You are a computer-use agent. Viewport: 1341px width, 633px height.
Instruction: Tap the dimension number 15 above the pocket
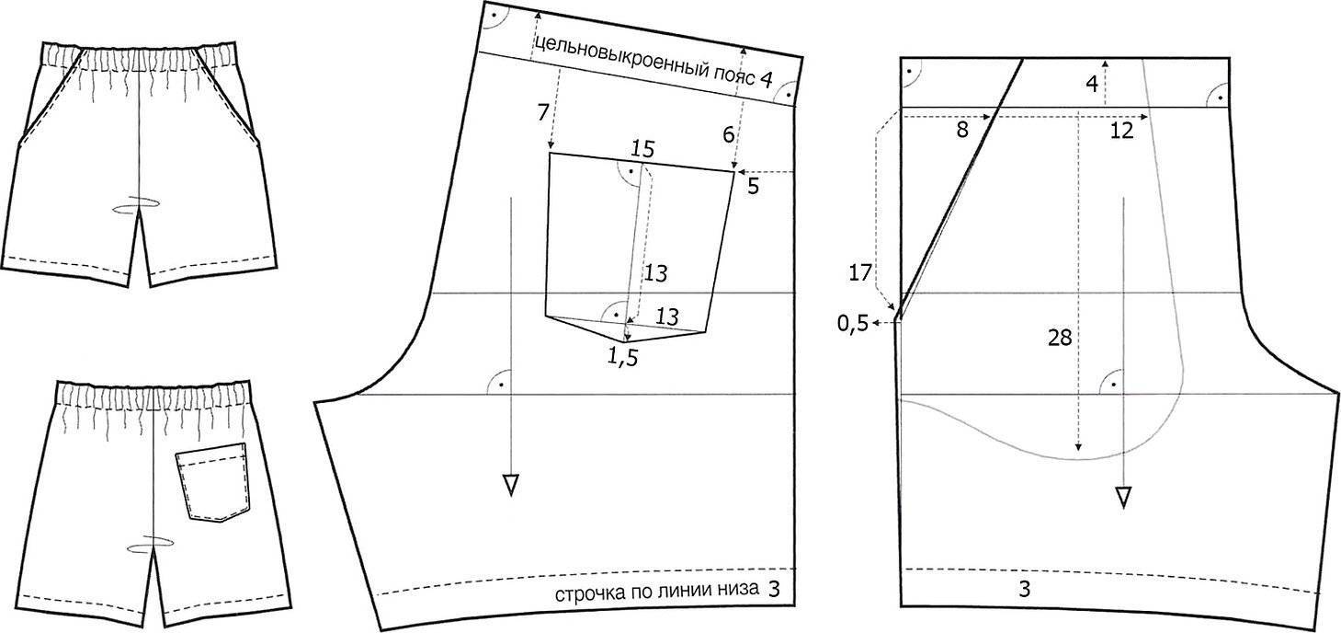click(x=642, y=149)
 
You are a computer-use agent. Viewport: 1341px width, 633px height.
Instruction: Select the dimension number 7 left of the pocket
click(x=543, y=112)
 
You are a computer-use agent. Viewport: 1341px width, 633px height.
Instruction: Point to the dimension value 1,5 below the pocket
click(x=623, y=357)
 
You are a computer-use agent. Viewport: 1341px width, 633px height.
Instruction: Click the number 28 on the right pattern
click(x=1060, y=339)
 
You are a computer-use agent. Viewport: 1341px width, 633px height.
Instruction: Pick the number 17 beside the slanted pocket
click(x=860, y=273)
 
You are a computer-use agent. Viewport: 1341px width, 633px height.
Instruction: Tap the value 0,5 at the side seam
click(x=853, y=324)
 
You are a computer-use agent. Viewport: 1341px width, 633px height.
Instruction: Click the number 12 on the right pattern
click(x=1121, y=130)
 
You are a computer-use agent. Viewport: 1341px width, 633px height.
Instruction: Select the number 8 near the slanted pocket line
click(x=962, y=130)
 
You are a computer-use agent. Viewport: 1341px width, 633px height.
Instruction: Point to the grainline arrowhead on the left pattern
click(x=511, y=484)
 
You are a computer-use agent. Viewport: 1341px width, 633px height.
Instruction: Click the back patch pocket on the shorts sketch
click(x=212, y=482)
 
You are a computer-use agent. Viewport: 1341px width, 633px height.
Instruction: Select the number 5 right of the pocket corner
click(x=753, y=187)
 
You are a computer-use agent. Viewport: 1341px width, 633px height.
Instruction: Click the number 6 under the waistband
click(x=728, y=135)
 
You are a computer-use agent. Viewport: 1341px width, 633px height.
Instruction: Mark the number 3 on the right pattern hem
click(x=1024, y=589)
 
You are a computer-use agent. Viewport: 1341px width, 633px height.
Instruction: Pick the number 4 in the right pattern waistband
click(x=1091, y=85)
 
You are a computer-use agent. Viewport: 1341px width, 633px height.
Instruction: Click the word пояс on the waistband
click(x=734, y=75)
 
